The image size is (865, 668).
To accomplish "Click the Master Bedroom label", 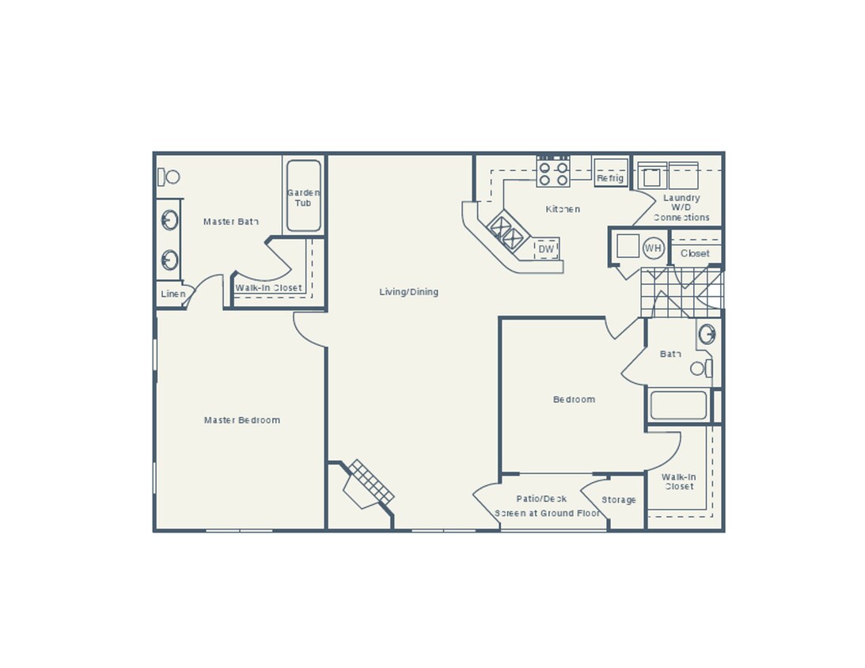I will tap(241, 420).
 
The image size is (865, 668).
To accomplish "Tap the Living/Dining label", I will tap(408, 292).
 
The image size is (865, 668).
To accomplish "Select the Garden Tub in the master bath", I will tap(303, 196).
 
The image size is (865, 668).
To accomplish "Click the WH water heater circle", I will tap(653, 249).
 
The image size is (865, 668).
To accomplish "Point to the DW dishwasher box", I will tap(546, 249).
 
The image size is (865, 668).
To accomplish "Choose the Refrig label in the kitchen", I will tap(610, 178).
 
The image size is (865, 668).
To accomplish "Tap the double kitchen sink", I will tap(507, 231).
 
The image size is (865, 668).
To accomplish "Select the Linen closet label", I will tap(173, 294).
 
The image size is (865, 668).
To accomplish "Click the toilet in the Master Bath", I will tap(169, 176).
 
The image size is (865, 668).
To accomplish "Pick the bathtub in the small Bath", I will tap(678, 405).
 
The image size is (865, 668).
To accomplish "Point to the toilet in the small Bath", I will tap(701, 368).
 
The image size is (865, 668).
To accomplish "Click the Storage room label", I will tap(619, 500).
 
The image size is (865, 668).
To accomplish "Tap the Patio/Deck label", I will tap(541, 499).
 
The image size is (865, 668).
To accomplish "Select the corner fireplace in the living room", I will tap(367, 484).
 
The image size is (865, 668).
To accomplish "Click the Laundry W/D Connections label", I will tap(681, 207).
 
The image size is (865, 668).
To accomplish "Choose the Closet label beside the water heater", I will tap(695, 253).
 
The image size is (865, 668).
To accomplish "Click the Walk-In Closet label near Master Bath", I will tap(268, 288).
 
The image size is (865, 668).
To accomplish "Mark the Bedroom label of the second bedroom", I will tap(574, 400).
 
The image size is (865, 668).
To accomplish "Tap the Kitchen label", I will tap(563, 209).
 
